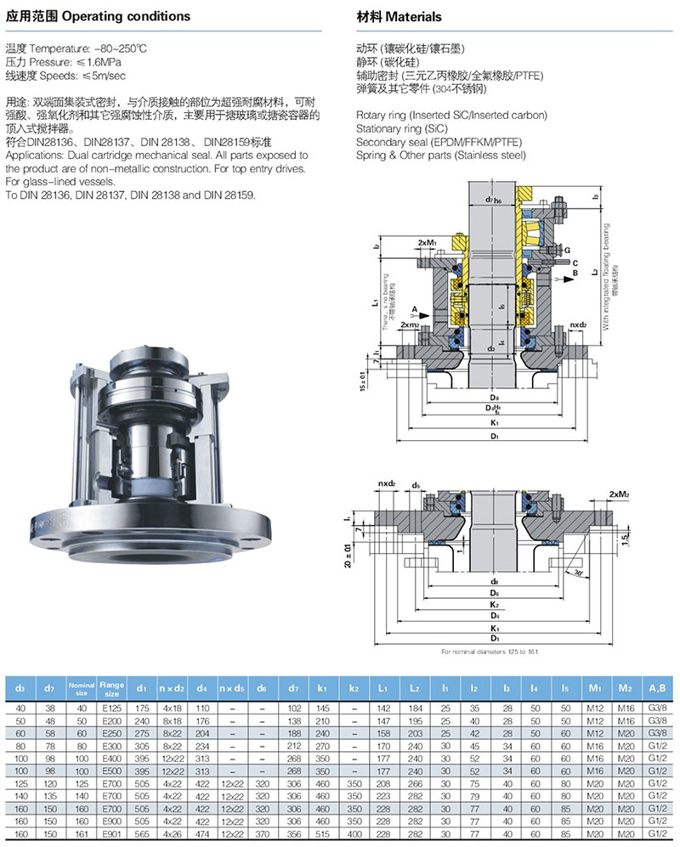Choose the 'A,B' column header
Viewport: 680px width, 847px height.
(x=655, y=685)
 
